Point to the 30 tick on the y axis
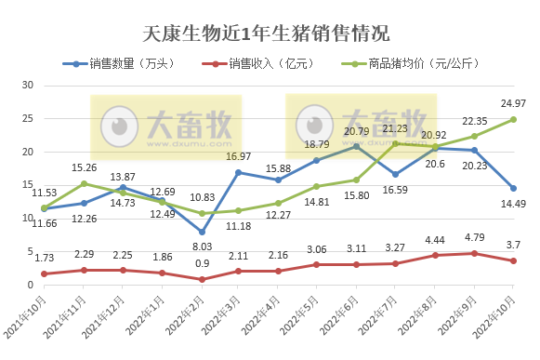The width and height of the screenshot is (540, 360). (27, 86)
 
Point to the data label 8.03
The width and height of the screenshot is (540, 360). (202, 247)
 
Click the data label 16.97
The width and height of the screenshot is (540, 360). (241, 156)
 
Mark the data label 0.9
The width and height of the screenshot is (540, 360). (202, 263)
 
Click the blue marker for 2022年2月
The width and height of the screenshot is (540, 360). (202, 232)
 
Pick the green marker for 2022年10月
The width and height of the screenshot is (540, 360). (514, 119)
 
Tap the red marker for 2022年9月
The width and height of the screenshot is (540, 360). (475, 253)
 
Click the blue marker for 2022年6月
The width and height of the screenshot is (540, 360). (358, 146)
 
